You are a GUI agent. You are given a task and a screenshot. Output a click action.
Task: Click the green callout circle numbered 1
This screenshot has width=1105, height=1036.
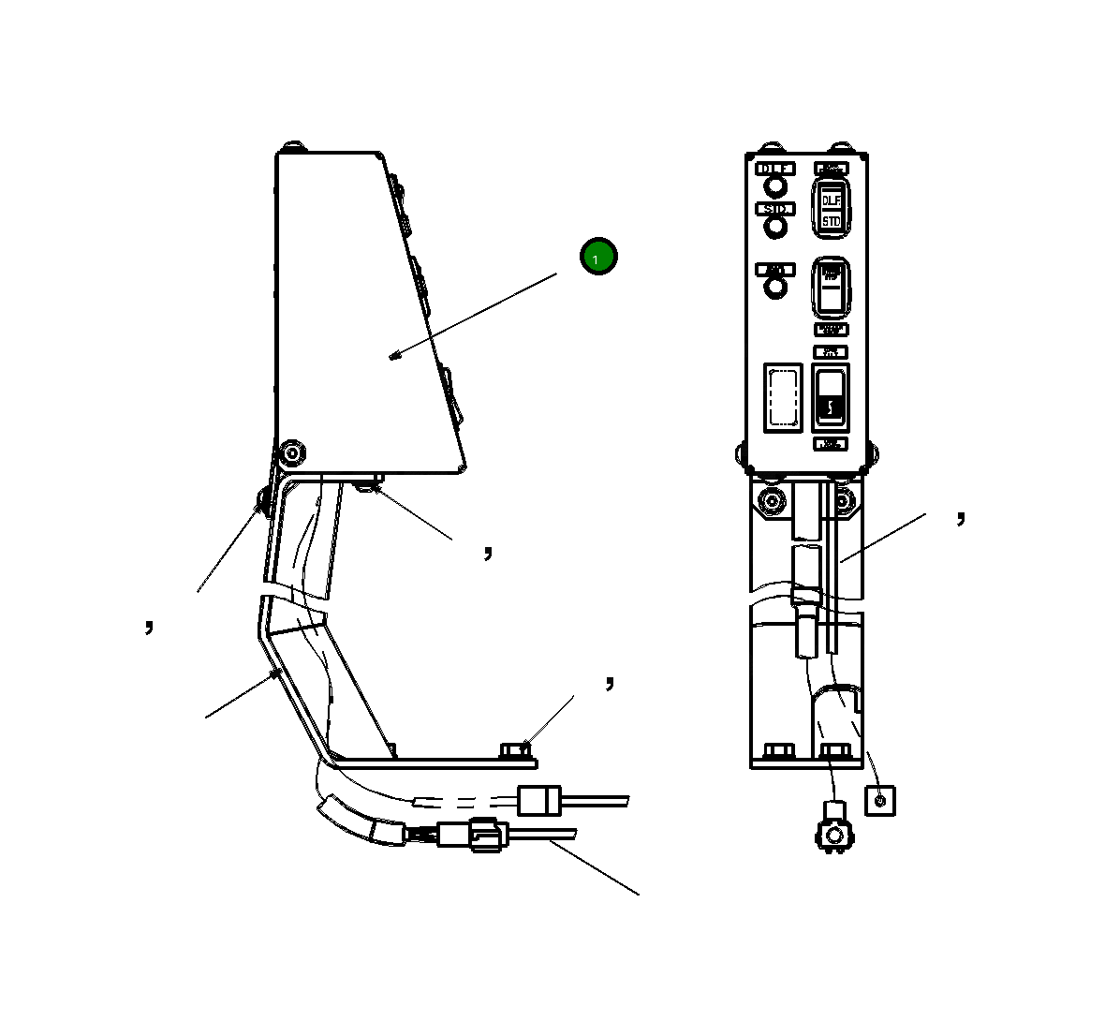click(x=598, y=257)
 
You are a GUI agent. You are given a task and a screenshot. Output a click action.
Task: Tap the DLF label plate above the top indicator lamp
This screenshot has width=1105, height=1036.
click(x=775, y=169)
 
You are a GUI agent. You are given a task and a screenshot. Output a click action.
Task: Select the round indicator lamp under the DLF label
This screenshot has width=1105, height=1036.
click(x=775, y=185)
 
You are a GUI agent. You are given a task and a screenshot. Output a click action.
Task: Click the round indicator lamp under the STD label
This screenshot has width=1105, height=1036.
click(x=775, y=227)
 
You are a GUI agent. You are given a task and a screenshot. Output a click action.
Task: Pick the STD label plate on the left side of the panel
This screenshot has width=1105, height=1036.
click(x=775, y=209)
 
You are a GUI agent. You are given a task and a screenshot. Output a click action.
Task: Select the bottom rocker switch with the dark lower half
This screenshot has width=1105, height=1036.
click(x=831, y=397)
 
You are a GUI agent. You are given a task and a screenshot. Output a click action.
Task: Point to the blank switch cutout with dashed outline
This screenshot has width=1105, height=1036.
click(x=783, y=398)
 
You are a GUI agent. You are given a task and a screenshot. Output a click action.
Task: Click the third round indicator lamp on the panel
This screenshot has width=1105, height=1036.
click(x=775, y=288)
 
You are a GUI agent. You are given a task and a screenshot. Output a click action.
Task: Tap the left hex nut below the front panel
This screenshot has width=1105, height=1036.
click(x=772, y=501)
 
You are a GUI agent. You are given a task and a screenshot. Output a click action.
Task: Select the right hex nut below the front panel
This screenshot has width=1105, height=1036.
click(x=844, y=501)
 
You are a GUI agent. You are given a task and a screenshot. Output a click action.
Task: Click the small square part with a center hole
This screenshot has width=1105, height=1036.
click(x=879, y=801)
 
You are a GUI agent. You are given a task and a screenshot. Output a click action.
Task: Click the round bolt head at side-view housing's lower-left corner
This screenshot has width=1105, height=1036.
click(x=293, y=454)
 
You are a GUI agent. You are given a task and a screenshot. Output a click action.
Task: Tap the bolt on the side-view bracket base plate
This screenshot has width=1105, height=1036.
click(x=516, y=750)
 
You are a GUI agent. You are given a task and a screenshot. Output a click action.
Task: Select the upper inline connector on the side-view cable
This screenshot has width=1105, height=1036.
click(x=538, y=801)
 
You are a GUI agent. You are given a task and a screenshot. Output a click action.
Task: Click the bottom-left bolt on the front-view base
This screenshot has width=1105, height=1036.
click(x=777, y=752)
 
